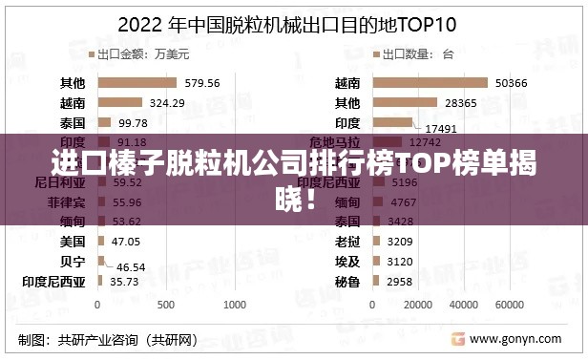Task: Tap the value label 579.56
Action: tap(201, 82)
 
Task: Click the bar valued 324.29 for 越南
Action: tap(120, 102)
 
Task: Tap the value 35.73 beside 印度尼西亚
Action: tap(124, 282)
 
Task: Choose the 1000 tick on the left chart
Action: tap(235, 305)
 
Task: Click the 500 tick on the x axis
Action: tap(166, 305)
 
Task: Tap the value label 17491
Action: tap(441, 127)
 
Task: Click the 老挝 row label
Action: tap(348, 242)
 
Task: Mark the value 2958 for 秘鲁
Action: tap(400, 282)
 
